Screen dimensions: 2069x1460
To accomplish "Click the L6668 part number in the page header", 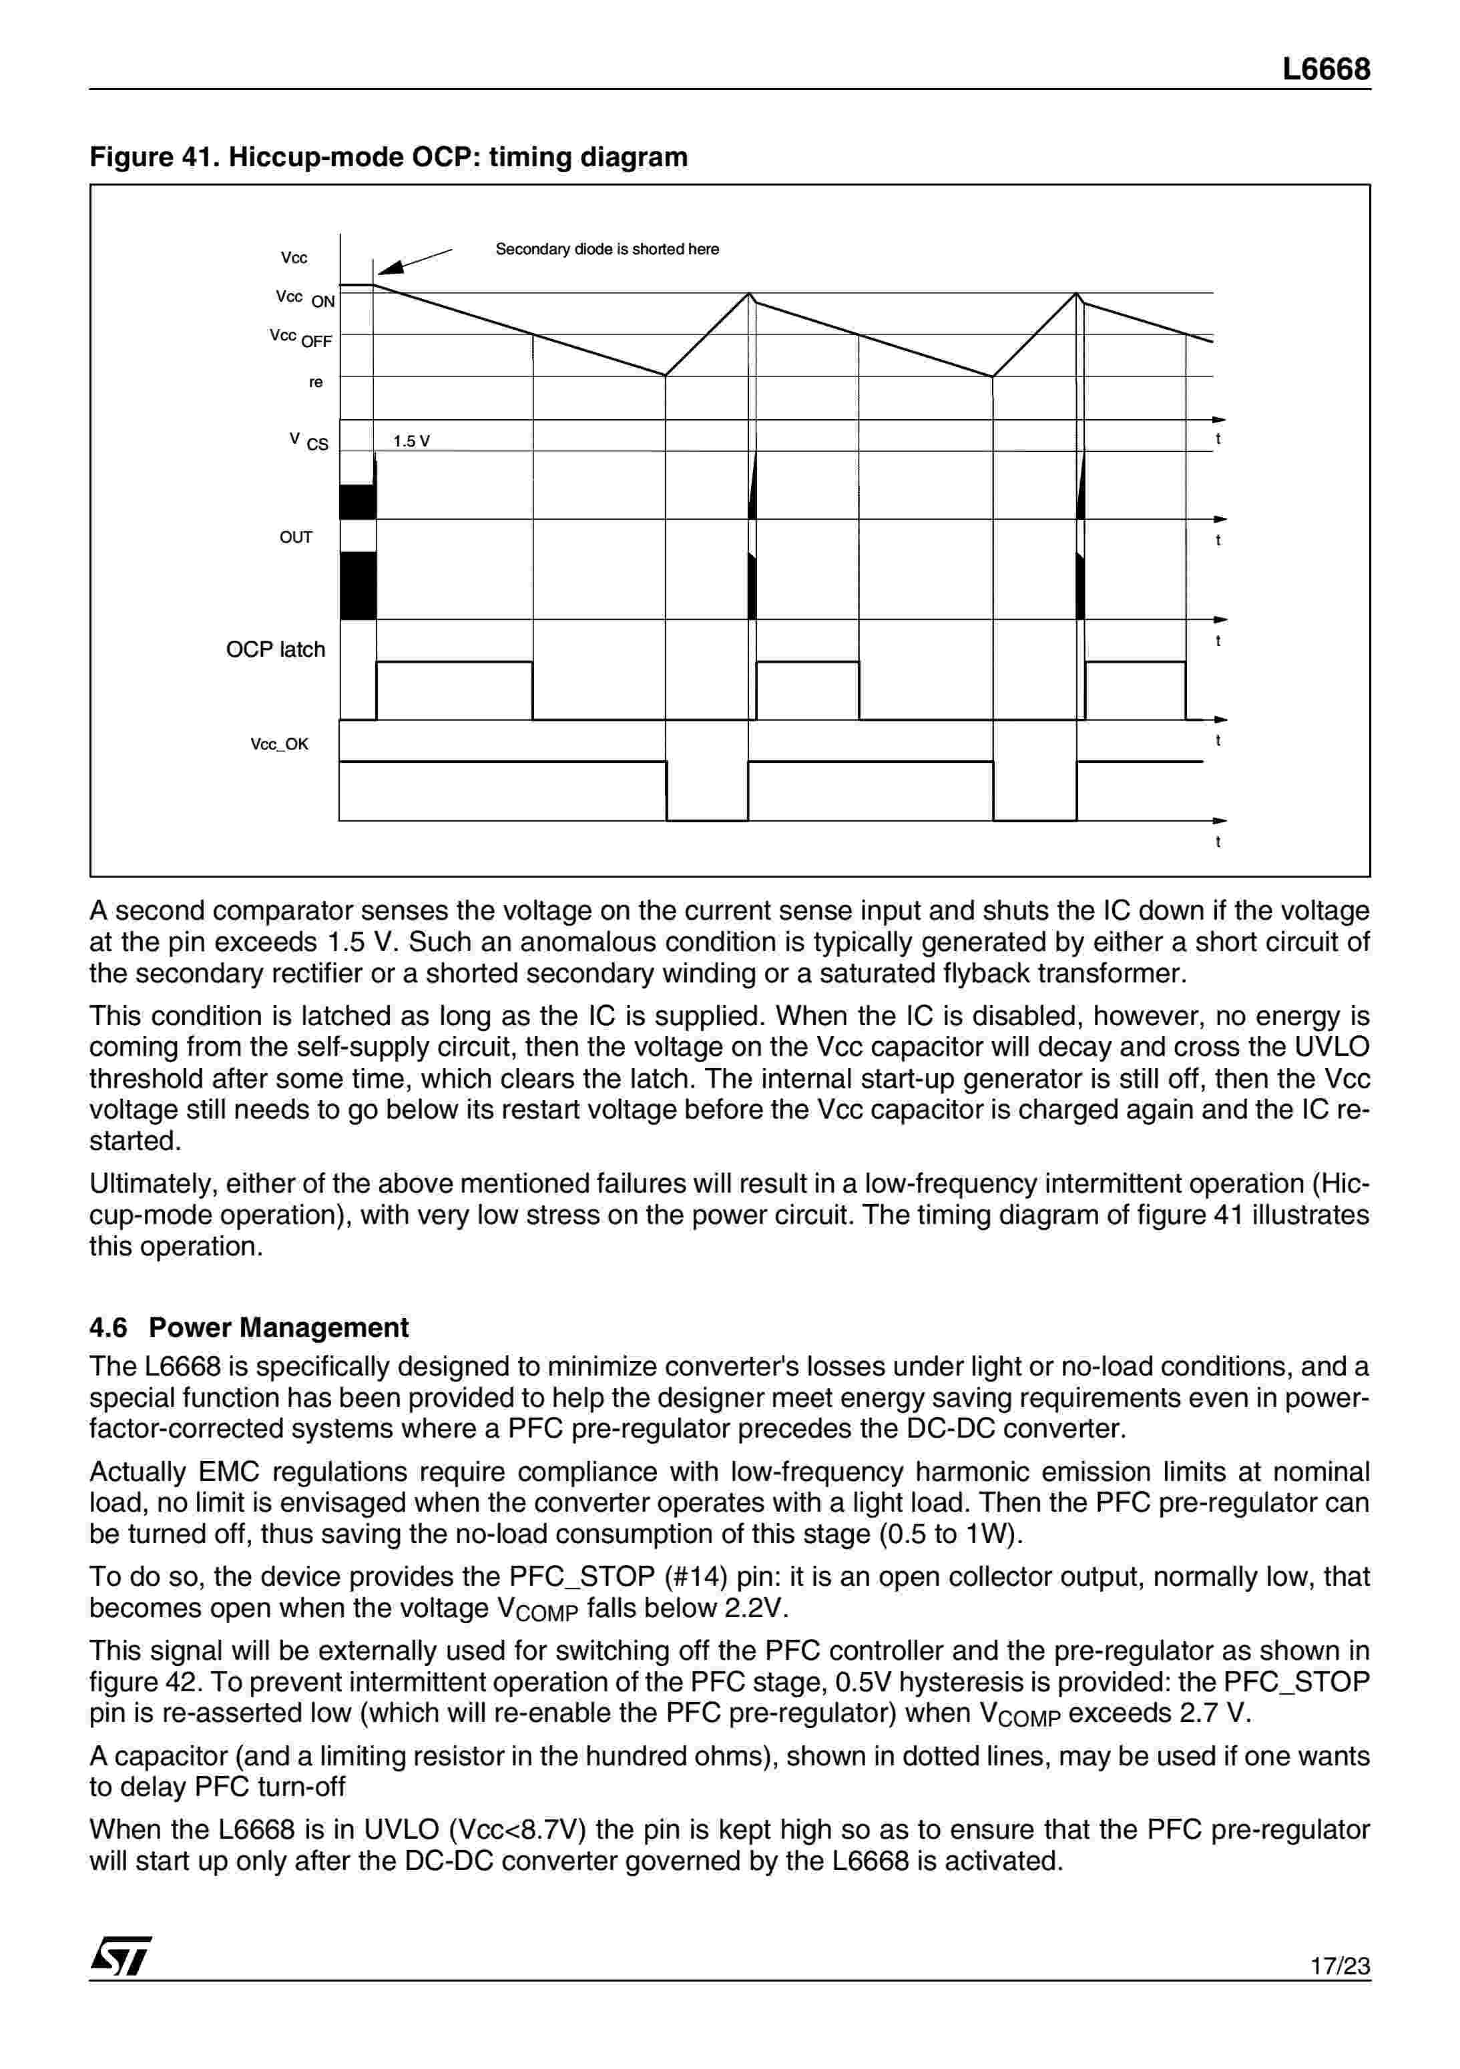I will pos(1326,69).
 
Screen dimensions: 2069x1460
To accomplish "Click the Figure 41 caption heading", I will pos(389,158).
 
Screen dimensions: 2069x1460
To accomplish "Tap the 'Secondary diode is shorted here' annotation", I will pos(607,250).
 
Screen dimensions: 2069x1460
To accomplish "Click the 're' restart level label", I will pos(315,382).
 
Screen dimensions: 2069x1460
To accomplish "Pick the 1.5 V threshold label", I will pos(411,442).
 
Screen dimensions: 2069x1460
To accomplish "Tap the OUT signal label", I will pos(296,538).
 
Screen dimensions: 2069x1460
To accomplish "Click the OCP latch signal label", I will pos(275,649).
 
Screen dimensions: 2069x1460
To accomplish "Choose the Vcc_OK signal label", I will pos(279,744).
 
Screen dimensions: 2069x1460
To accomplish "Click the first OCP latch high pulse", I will pos(453,690).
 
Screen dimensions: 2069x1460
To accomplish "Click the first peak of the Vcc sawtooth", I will pos(749,295).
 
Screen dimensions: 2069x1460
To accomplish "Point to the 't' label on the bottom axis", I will pos(1218,842).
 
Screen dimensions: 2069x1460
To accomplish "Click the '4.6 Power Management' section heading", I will pos(249,1327).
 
